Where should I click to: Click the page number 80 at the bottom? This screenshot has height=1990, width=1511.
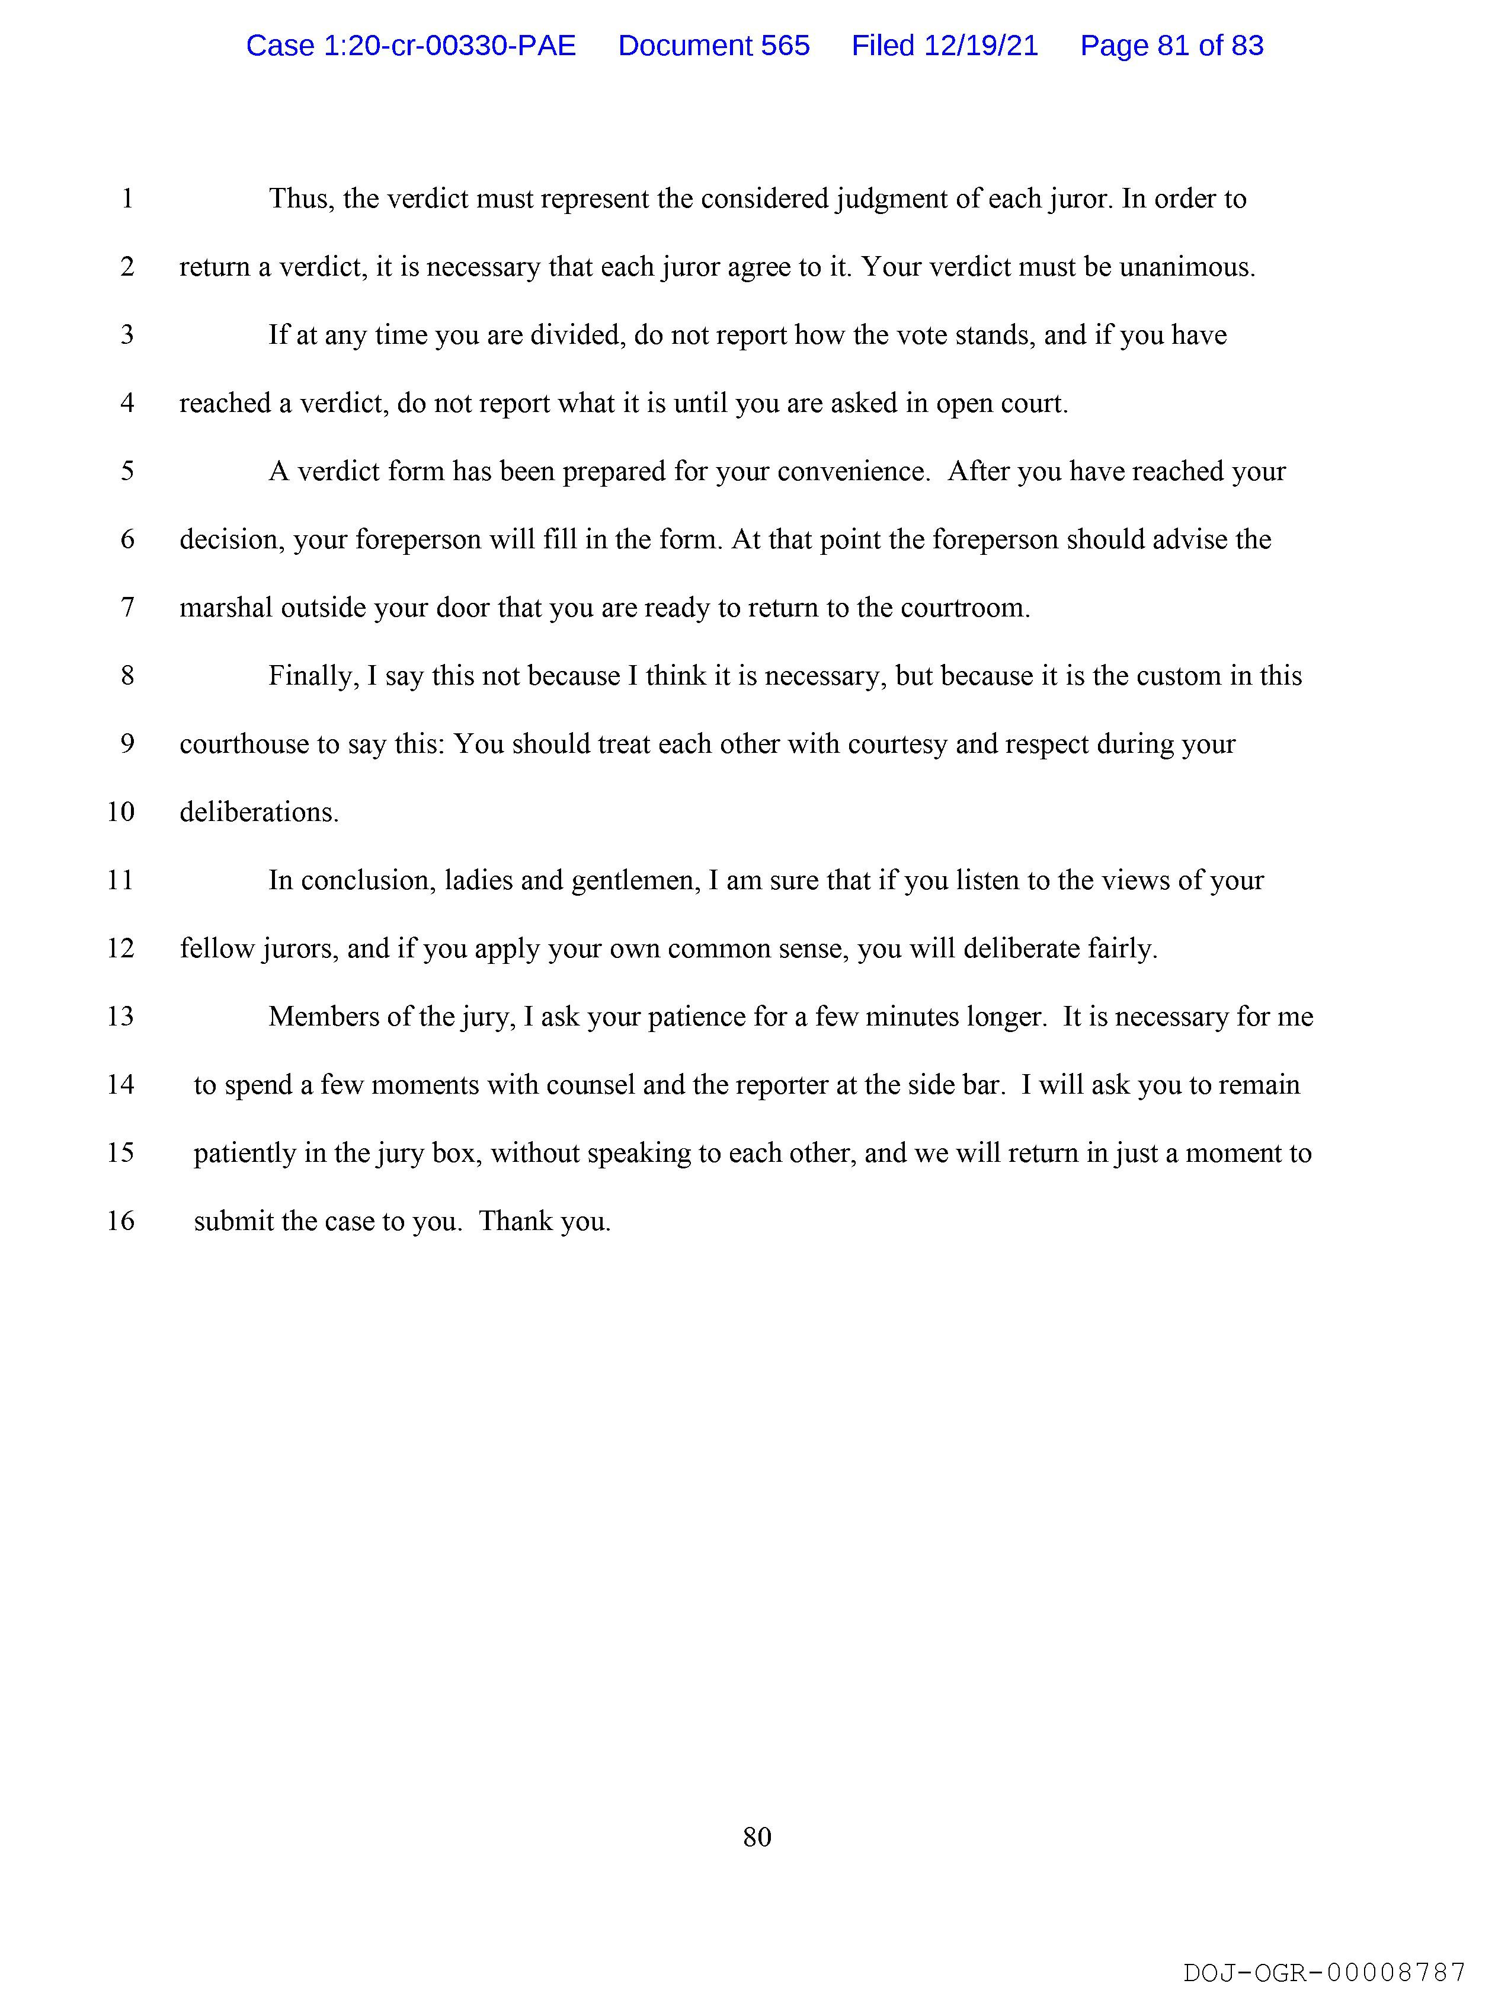pyautogui.click(x=757, y=1836)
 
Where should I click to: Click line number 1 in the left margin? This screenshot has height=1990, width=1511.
pyautogui.click(x=128, y=199)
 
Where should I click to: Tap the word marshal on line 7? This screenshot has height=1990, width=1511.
pyautogui.click(x=226, y=608)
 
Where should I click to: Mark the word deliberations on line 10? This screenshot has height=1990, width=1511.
pyautogui.click(x=259, y=812)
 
